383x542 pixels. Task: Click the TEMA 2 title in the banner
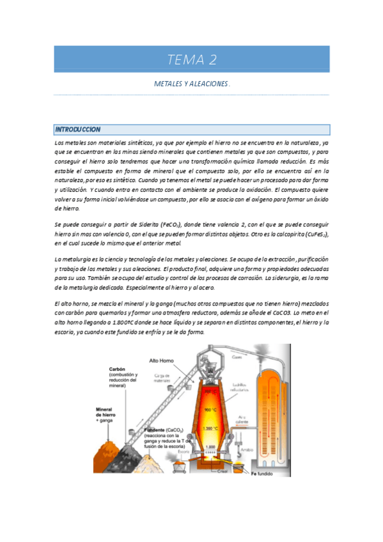191,60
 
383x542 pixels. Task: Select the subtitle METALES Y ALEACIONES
191,84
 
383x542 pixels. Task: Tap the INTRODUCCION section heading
77,130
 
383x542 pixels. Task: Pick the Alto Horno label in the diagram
161,360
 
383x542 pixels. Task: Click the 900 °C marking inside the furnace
208,410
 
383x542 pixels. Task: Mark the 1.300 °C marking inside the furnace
208,426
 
